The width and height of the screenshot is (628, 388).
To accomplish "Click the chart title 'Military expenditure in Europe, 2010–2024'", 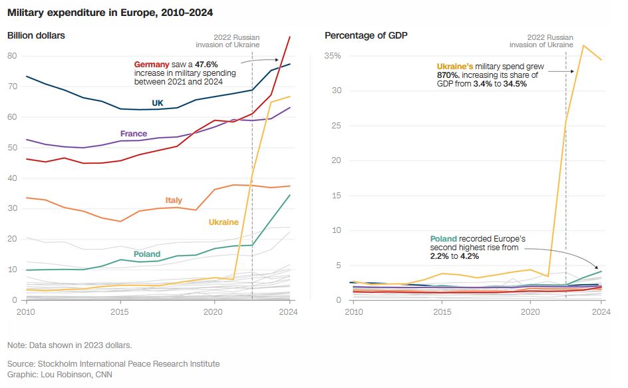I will pyautogui.click(x=111, y=12).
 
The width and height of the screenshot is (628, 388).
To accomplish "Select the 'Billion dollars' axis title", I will pyautogui.click(x=36, y=35).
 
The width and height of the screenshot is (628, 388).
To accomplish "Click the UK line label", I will pyautogui.click(x=158, y=103).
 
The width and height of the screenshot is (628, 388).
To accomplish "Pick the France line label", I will pyautogui.click(x=134, y=134).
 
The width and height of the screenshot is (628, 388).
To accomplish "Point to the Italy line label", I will pyautogui.click(x=174, y=200).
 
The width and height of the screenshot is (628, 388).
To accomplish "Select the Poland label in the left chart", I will pyautogui.click(x=147, y=254).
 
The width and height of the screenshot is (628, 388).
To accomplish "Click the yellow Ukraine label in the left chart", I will pyautogui.click(x=224, y=222).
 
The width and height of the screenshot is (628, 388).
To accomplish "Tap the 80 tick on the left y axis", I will pyautogui.click(x=11, y=56).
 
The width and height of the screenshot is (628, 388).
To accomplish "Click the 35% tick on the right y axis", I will pyautogui.click(x=333, y=56).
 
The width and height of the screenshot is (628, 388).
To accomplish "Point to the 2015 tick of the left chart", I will pyautogui.click(x=120, y=311).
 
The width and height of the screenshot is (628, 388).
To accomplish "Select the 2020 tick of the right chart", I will pyautogui.click(x=530, y=311).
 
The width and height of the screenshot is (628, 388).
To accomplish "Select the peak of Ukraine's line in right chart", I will pyautogui.click(x=583, y=45).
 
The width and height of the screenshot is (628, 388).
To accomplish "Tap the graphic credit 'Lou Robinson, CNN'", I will pyautogui.click(x=73, y=375).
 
